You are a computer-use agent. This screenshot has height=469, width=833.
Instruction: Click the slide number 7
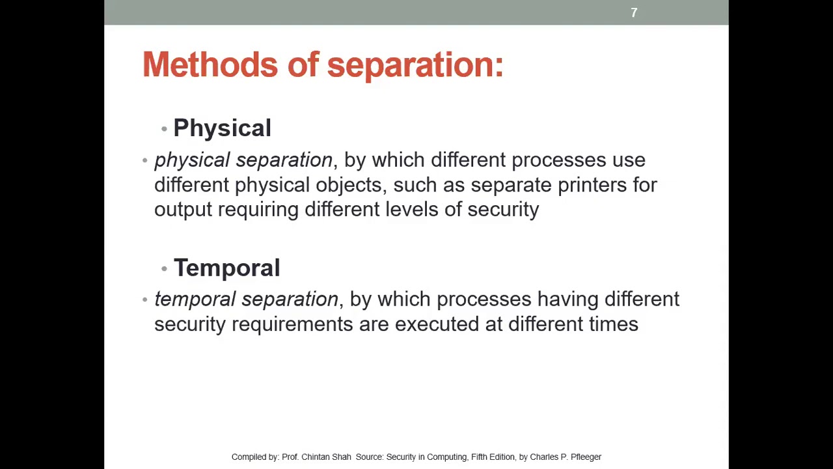point(634,12)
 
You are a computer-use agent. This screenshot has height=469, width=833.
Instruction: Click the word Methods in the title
point(210,65)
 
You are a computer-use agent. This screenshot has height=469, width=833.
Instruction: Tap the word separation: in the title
point(415,65)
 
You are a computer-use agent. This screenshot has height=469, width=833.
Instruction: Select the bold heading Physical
point(222,128)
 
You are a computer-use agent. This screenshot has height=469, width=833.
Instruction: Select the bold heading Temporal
point(226,268)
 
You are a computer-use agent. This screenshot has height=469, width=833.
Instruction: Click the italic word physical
point(192,160)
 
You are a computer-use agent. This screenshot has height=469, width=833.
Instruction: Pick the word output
point(183,209)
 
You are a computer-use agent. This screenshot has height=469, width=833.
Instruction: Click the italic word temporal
point(195,300)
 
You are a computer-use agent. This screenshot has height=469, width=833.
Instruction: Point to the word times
point(614,324)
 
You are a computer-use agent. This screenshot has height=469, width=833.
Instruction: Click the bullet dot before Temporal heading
point(164,268)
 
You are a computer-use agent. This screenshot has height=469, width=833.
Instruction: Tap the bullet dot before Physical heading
point(164,128)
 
